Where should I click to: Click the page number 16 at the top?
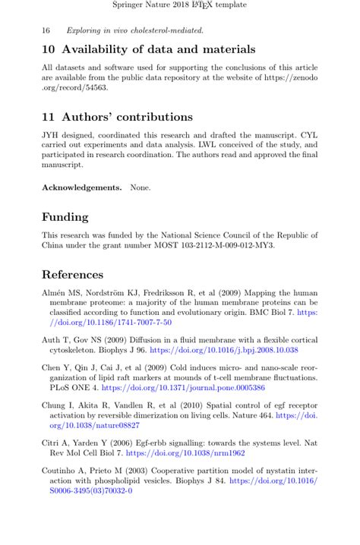(46, 31)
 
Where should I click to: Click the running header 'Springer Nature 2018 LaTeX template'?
(179, 5)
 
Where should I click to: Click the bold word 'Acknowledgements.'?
(81, 187)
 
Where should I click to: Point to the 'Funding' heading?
(65, 217)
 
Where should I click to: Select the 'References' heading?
(72, 275)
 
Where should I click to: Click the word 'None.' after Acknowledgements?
(140, 187)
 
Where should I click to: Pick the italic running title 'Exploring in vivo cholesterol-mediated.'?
(134, 31)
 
